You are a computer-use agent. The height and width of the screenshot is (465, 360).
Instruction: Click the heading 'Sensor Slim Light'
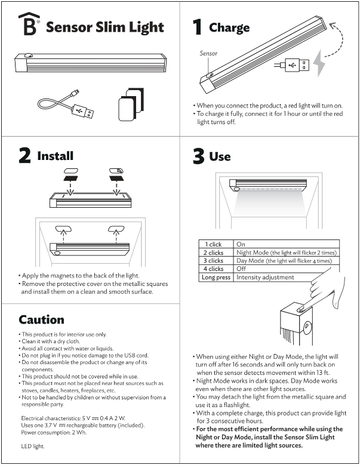tap(105, 27)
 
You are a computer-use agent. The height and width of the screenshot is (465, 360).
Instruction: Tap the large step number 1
tap(197, 26)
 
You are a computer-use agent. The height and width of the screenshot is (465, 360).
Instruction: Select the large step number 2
tap(24, 155)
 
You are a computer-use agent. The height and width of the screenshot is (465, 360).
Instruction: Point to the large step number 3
tap(198, 156)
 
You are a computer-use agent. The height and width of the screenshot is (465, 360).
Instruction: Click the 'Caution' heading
tap(41, 319)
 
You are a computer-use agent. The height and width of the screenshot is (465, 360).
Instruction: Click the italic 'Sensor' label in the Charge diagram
tap(208, 53)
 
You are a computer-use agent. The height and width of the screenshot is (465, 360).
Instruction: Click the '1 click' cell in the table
tap(213, 244)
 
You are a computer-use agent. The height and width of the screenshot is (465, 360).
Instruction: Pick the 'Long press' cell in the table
tap(216, 278)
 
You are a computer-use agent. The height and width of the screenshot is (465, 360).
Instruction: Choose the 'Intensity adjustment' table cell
tap(265, 278)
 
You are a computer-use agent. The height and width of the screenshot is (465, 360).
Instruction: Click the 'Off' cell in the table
tap(241, 269)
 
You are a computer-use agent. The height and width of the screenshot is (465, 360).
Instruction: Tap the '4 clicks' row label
tap(213, 269)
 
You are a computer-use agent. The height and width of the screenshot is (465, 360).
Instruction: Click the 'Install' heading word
tap(56, 156)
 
